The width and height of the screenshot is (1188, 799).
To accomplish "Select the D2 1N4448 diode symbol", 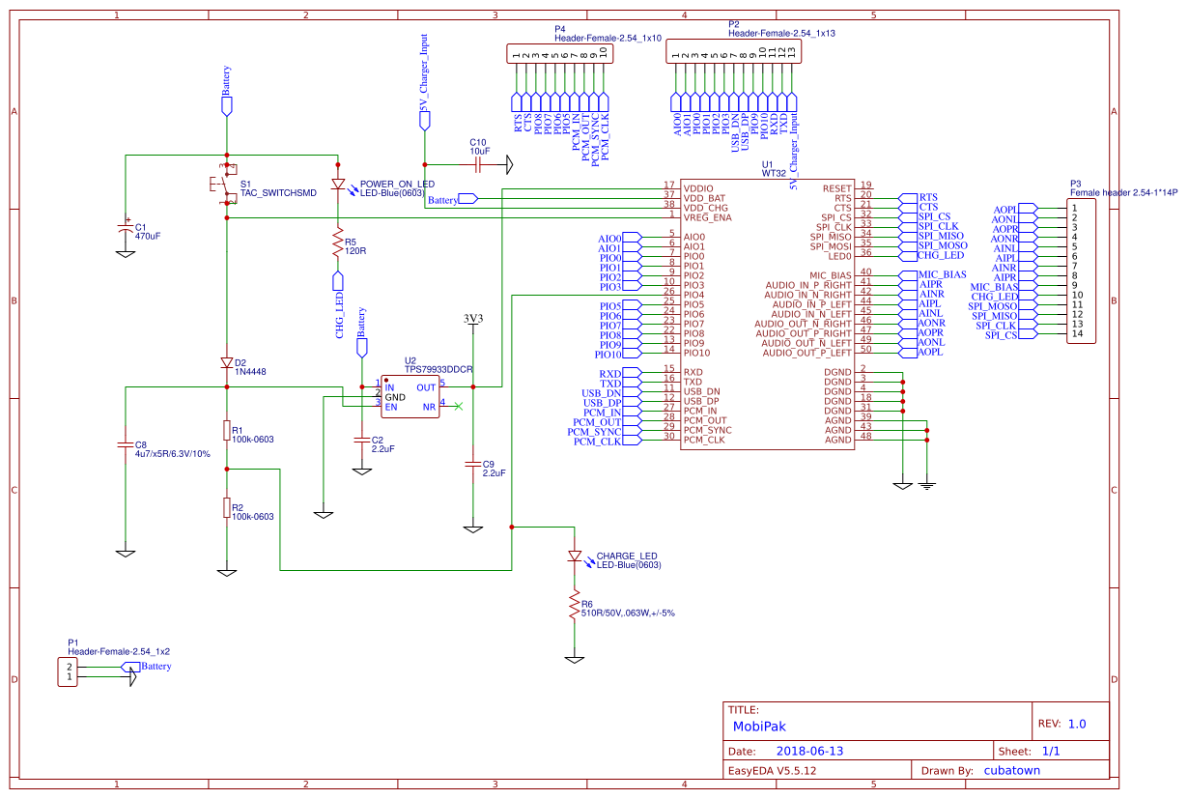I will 227,363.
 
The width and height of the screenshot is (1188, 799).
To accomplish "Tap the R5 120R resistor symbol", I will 338,243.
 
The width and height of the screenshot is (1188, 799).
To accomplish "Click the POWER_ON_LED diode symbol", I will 338,184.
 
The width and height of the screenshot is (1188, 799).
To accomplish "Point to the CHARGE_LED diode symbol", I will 575,556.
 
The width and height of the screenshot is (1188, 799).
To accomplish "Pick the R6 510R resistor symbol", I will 575,606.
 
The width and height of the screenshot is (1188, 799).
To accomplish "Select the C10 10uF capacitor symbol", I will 478,165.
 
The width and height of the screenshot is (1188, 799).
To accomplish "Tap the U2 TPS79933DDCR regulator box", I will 410,397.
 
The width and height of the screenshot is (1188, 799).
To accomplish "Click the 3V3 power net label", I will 472,318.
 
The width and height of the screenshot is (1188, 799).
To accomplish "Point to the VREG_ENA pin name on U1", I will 708,217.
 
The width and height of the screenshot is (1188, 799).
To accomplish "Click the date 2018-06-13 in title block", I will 809,751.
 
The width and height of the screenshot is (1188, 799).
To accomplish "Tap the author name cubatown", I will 1011,770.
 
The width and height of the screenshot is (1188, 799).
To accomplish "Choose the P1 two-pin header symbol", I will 69,671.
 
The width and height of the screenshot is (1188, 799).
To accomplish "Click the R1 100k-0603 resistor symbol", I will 227,432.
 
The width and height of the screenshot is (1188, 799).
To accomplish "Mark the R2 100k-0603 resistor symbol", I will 227,508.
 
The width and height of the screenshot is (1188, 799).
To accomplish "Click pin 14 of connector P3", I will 1077,334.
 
